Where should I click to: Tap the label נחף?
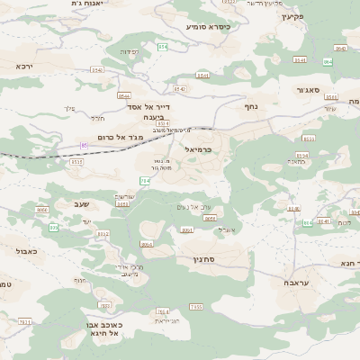pyautogui.click(x=252, y=106)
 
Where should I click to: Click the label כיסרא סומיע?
pyautogui.click(x=208, y=27)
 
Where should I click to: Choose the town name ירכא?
pyautogui.click(x=23, y=66)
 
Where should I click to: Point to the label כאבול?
pyautogui.click(x=27, y=251)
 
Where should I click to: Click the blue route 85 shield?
pyautogui.click(x=85, y=145)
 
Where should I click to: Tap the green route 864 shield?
pyautogui.click(x=327, y=61)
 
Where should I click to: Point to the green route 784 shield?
pyautogui.click(x=146, y=181)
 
